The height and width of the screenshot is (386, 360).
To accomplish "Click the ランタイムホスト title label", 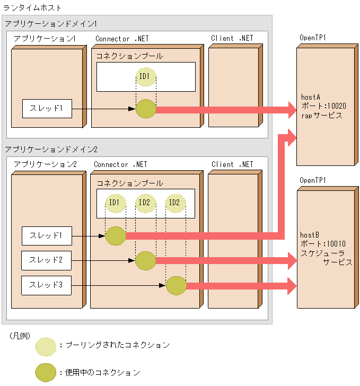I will click(x=32, y=8).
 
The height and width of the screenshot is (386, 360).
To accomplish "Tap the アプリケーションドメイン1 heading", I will click(x=51, y=24).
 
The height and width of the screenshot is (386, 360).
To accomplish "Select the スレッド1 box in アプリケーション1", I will click(x=47, y=109).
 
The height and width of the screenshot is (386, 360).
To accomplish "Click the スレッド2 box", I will click(x=46, y=260).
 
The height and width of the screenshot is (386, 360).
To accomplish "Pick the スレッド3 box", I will click(x=46, y=285).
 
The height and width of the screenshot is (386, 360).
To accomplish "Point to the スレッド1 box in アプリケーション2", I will click(x=46, y=235).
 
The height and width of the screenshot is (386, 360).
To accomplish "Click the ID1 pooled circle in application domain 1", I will click(x=145, y=77).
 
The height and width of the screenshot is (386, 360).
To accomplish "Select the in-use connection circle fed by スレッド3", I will click(x=176, y=286).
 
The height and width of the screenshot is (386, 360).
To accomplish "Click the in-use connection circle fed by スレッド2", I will click(x=145, y=260).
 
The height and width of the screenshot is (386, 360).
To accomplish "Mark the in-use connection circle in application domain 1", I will click(x=145, y=109).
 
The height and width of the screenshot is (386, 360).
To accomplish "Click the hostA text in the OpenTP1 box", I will click(x=311, y=97).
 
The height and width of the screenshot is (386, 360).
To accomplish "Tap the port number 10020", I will click(x=335, y=106).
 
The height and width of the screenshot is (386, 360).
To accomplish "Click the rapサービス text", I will click(x=321, y=115).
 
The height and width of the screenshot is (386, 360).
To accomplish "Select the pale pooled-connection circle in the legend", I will click(x=46, y=346).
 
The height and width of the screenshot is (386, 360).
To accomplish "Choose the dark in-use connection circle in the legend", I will click(x=46, y=372).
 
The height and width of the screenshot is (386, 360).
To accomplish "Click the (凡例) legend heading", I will click(x=20, y=336).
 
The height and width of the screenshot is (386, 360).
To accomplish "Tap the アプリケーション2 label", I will click(x=46, y=164).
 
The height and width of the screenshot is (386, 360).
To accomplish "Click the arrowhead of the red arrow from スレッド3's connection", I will click(x=291, y=286).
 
